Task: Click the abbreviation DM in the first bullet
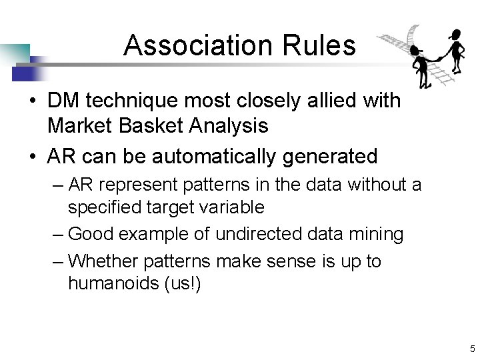64,101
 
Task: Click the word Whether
102,261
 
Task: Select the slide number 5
472,349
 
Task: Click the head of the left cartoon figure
417,51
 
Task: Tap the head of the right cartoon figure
456,35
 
